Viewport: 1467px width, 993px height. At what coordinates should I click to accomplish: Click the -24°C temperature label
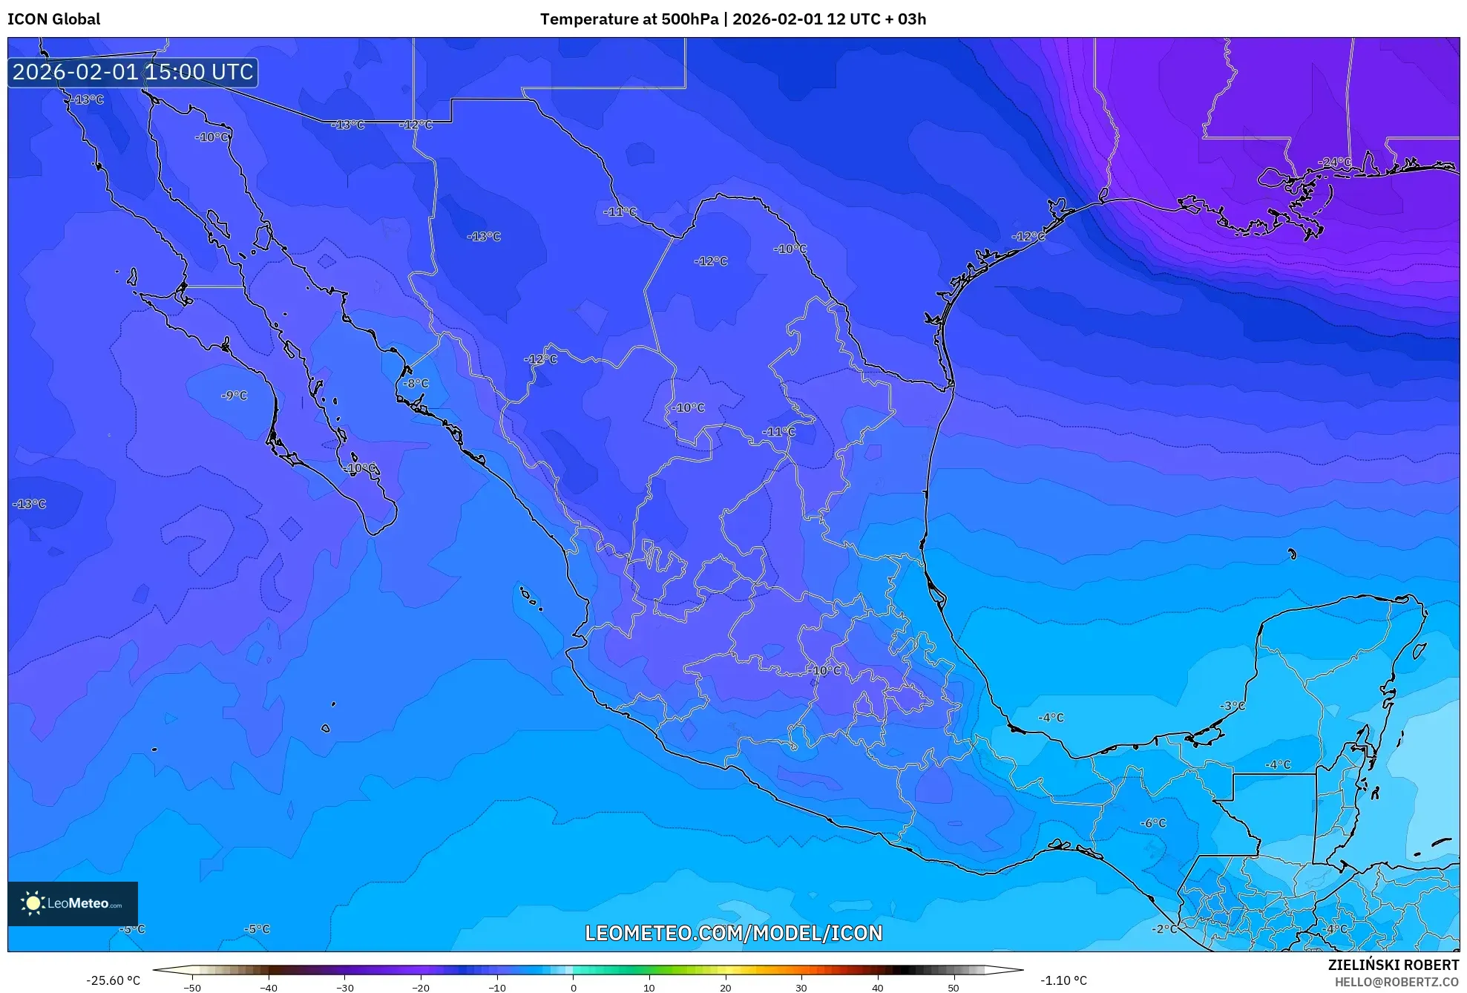pos(1334,162)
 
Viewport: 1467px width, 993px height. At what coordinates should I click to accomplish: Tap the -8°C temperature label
pos(416,384)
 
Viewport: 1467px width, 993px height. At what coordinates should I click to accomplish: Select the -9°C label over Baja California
pos(234,396)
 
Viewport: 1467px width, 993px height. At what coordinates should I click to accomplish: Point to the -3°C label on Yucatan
pos(1233,706)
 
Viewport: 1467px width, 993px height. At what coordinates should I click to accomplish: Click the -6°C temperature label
pos(1153,823)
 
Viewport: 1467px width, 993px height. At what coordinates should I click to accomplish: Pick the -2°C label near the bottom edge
pos(1164,929)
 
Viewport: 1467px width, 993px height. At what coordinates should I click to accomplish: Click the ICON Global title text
pos(53,19)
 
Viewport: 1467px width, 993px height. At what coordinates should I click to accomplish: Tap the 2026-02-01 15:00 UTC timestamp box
pos(133,72)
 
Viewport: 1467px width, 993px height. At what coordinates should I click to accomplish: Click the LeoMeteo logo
pos(73,903)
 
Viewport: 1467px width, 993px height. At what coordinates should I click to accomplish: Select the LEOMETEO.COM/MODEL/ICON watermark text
pos(733,933)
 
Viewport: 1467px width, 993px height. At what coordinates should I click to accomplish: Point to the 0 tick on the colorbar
pos(573,988)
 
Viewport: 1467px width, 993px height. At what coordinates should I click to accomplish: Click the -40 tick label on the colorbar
pos(269,988)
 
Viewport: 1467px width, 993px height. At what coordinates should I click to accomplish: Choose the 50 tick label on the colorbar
pos(954,988)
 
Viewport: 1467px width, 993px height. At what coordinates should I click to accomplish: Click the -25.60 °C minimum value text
pos(113,980)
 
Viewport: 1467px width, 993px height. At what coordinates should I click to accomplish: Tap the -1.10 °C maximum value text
pos(1063,980)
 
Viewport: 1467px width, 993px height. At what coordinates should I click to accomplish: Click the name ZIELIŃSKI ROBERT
pos(1393,965)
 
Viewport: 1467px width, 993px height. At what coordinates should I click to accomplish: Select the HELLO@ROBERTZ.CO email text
pos(1397,982)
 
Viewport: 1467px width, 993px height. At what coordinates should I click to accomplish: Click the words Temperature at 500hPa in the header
pos(629,19)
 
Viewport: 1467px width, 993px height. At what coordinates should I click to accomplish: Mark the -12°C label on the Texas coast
pos(1028,237)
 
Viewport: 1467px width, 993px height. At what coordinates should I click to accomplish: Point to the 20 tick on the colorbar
pos(725,988)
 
